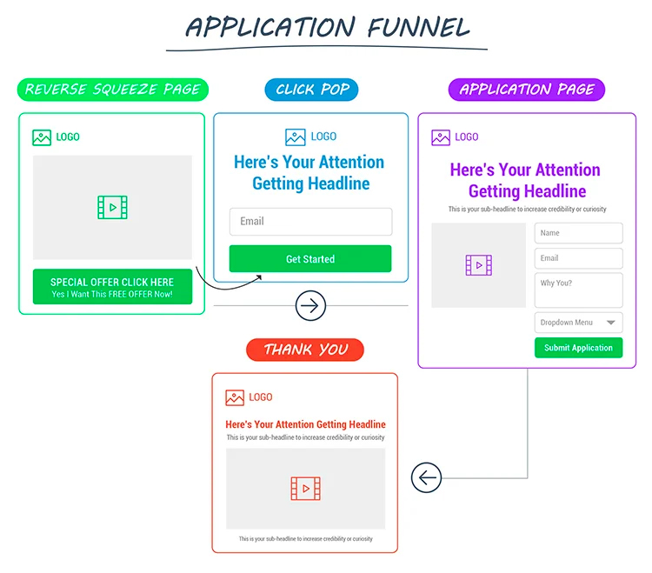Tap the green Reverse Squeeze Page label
coord(112,89)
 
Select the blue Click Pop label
coord(311,89)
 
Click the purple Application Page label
coord(526,89)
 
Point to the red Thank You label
coord(305,350)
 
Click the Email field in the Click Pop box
coord(310,222)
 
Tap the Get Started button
coord(310,259)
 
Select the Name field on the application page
coord(578,233)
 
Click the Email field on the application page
coord(578,258)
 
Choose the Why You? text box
coord(578,290)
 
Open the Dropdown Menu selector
coord(578,323)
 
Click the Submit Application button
coord(578,348)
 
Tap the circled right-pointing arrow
coord(310,306)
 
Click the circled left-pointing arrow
coord(426,477)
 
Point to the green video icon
coord(112,207)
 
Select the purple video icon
coord(479,265)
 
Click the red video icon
coord(305,488)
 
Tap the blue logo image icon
coord(296,137)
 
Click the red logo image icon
coord(235,397)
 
